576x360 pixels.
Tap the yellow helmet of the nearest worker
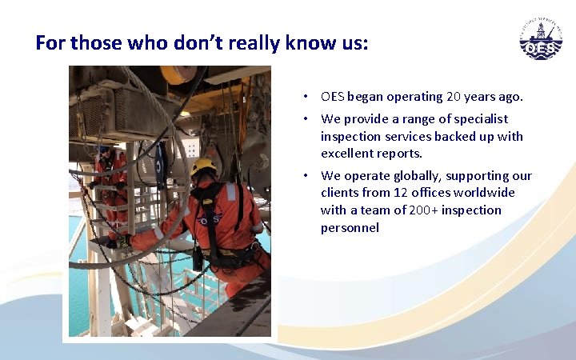[x=204, y=166]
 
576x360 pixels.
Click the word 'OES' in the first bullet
[x=332, y=97]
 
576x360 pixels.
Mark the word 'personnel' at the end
[x=350, y=227]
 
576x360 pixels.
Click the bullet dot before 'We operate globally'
[x=306, y=176]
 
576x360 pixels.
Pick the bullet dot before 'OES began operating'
[x=306, y=97]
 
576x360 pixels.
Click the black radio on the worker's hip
[x=198, y=258]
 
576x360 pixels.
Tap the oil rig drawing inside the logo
[x=542, y=33]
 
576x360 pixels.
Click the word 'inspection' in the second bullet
[x=350, y=136]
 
